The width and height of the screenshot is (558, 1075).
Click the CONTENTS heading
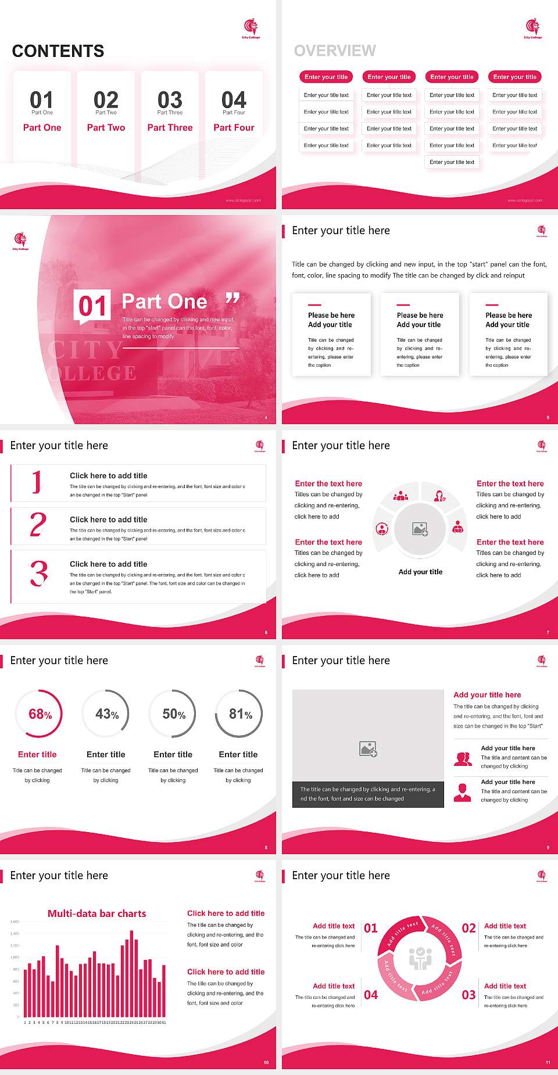point(58,51)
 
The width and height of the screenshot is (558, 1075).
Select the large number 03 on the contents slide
point(170,99)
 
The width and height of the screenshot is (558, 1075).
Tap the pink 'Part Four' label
point(234,128)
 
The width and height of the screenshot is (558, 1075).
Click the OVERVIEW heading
point(335,51)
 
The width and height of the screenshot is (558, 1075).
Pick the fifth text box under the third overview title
point(452,162)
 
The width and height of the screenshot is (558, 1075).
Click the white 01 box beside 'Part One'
point(92,306)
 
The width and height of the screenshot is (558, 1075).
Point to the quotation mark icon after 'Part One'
point(233,299)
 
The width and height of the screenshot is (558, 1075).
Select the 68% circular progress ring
point(40,714)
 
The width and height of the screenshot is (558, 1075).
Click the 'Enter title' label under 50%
point(173,754)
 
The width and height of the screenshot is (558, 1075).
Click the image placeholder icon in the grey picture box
point(368,749)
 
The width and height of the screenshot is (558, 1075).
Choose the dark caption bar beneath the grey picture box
point(368,794)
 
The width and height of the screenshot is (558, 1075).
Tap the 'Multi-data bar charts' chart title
point(96,913)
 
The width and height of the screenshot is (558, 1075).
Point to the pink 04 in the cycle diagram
point(371,995)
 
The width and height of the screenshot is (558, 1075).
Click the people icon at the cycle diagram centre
point(420,959)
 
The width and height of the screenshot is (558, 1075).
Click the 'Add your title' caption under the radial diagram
point(420,572)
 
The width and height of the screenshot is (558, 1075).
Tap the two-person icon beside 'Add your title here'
point(463,759)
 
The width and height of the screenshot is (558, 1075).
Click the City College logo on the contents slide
point(251,28)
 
